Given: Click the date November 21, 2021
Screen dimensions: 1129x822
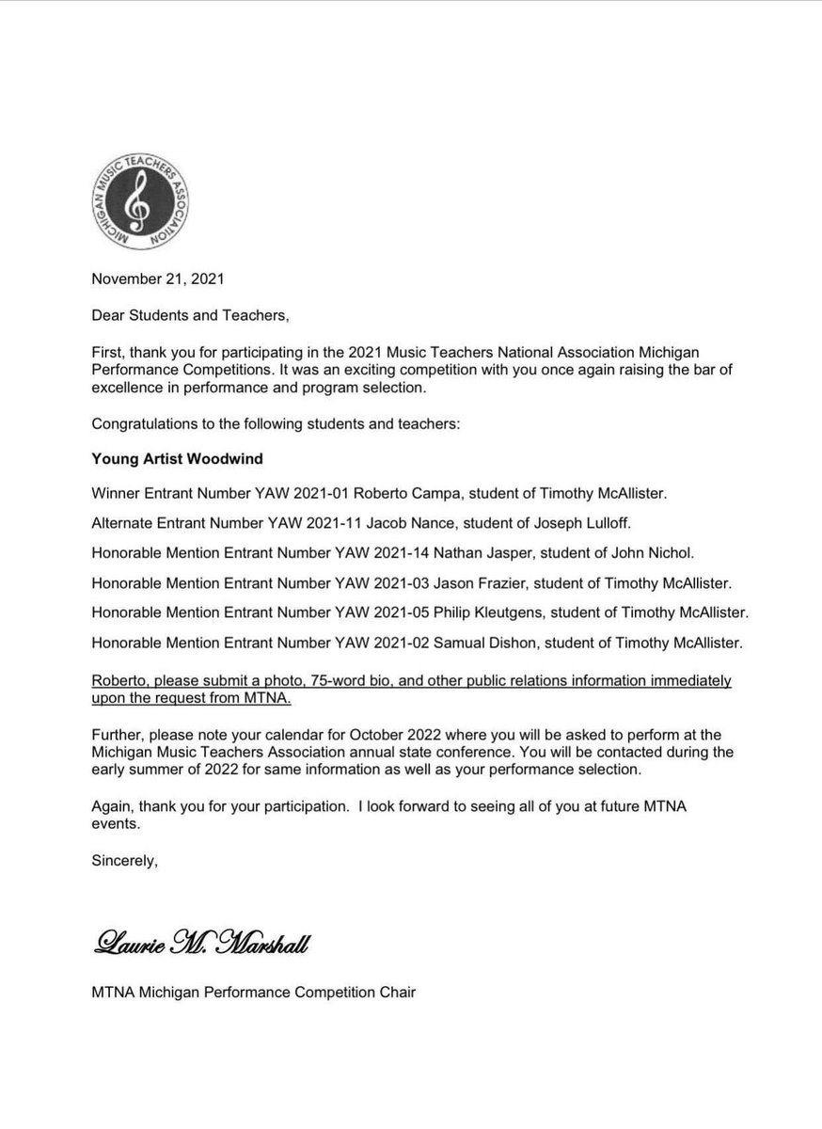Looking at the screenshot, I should tap(158, 278).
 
